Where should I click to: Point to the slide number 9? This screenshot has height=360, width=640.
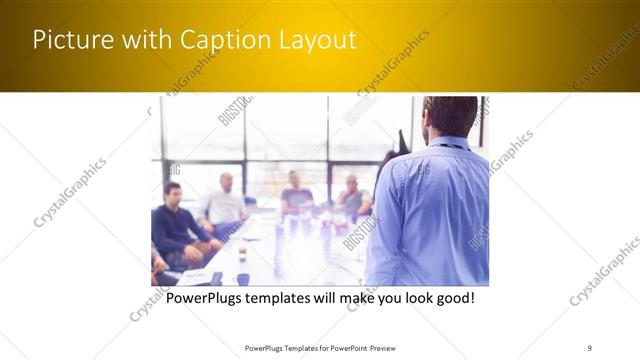point(589,347)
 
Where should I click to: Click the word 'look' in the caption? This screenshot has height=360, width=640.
point(409,298)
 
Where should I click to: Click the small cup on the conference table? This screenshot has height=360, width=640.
point(242,253)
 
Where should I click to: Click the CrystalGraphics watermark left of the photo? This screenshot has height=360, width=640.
point(70,192)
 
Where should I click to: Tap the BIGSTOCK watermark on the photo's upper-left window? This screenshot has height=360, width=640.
point(232,110)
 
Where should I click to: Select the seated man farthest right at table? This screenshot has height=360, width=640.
point(351,197)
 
